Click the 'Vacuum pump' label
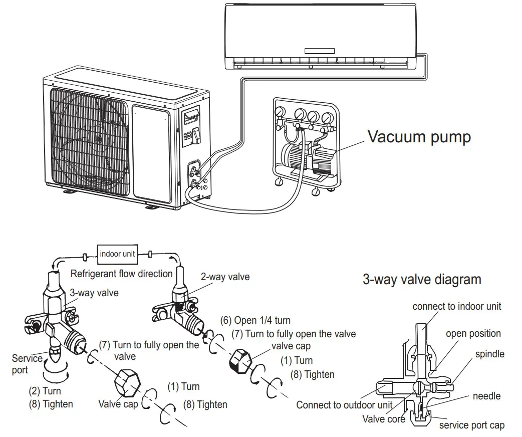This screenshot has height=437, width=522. (x=419, y=137)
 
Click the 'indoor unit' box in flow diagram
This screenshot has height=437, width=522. (x=117, y=254)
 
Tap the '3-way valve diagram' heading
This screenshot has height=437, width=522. (x=422, y=279)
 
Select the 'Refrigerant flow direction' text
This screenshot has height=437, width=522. (x=121, y=274)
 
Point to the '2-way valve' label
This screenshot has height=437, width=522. (x=225, y=277)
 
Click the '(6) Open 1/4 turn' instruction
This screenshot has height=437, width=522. (x=255, y=320)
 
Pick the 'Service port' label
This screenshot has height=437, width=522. (x=27, y=364)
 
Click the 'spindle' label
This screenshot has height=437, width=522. (x=489, y=354)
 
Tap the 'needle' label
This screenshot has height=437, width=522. (x=486, y=396)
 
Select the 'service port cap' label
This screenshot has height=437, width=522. (x=472, y=425)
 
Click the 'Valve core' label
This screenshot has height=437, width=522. (x=384, y=418)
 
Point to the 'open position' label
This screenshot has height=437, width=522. (x=473, y=333)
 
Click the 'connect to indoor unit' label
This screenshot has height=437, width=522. (x=456, y=306)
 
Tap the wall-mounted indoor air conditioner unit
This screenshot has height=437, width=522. (x=321, y=35)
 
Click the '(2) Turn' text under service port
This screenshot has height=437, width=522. (x=45, y=391)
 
